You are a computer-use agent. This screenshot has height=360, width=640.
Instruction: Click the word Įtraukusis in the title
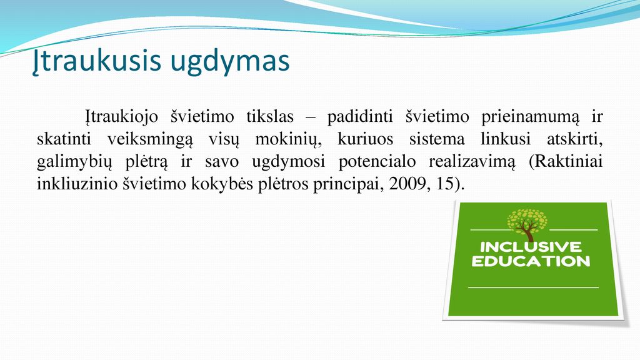(x=97, y=61)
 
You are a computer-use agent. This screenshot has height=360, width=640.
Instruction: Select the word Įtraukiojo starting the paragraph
(x=122, y=117)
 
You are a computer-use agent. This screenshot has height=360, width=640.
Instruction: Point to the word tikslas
(x=270, y=117)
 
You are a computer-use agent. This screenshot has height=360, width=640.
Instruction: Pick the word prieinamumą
(x=530, y=117)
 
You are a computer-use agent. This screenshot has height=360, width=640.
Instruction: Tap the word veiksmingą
(x=150, y=140)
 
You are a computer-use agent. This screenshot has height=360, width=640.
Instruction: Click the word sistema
(x=437, y=139)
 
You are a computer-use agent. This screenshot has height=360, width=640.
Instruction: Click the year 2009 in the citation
(x=407, y=184)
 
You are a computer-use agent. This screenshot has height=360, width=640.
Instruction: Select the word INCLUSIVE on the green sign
(x=531, y=246)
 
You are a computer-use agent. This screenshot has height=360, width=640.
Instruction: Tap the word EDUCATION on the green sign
(x=531, y=261)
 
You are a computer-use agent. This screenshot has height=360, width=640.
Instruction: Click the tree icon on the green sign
(x=527, y=225)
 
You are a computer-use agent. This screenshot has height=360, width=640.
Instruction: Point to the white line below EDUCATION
(x=533, y=287)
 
